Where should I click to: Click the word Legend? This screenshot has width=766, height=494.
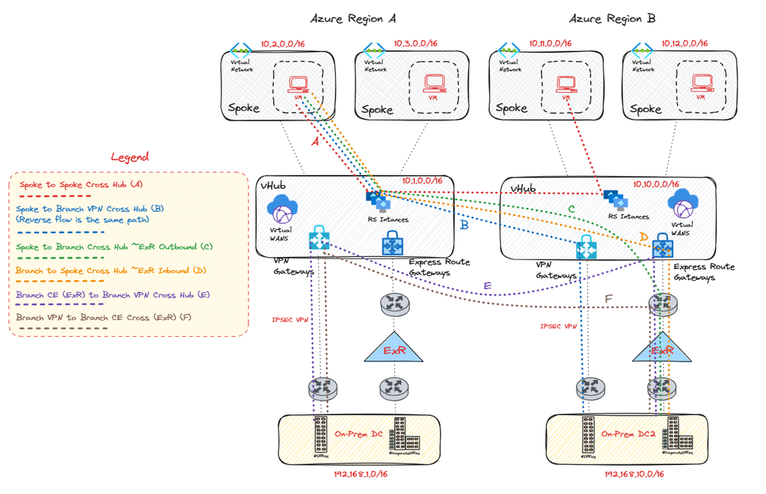129,156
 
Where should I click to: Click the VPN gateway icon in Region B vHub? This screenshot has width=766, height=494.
587,249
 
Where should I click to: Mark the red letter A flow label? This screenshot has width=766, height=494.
314,142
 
